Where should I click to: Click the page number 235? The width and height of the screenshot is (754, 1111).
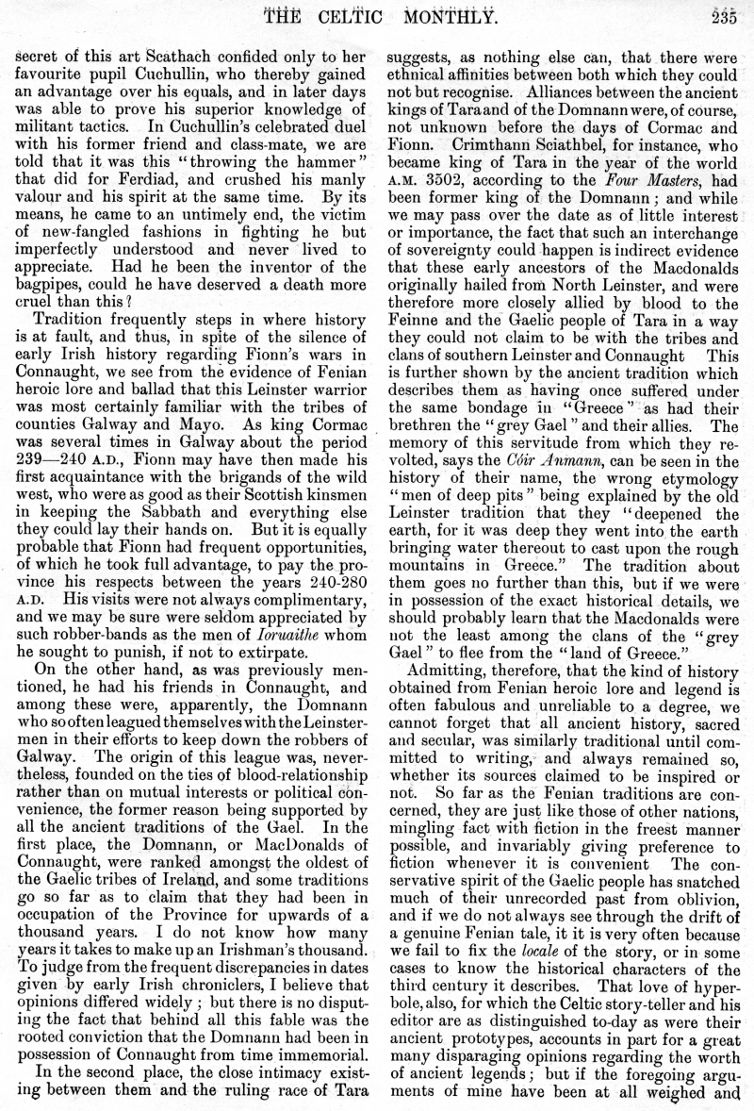729,10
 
